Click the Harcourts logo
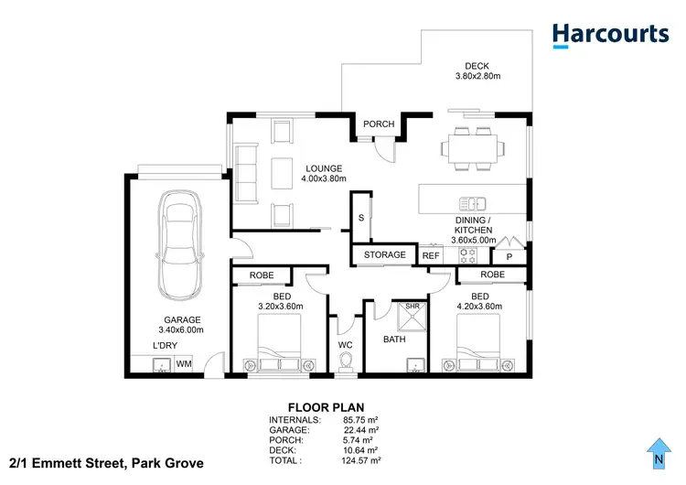[610, 35]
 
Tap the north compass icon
[657, 450]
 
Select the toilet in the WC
[347, 362]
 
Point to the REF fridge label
[431, 256]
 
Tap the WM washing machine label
[184, 364]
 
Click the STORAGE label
[384, 255]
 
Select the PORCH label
[379, 124]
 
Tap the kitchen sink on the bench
[473, 202]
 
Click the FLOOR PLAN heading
[326, 407]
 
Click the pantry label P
[509, 257]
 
